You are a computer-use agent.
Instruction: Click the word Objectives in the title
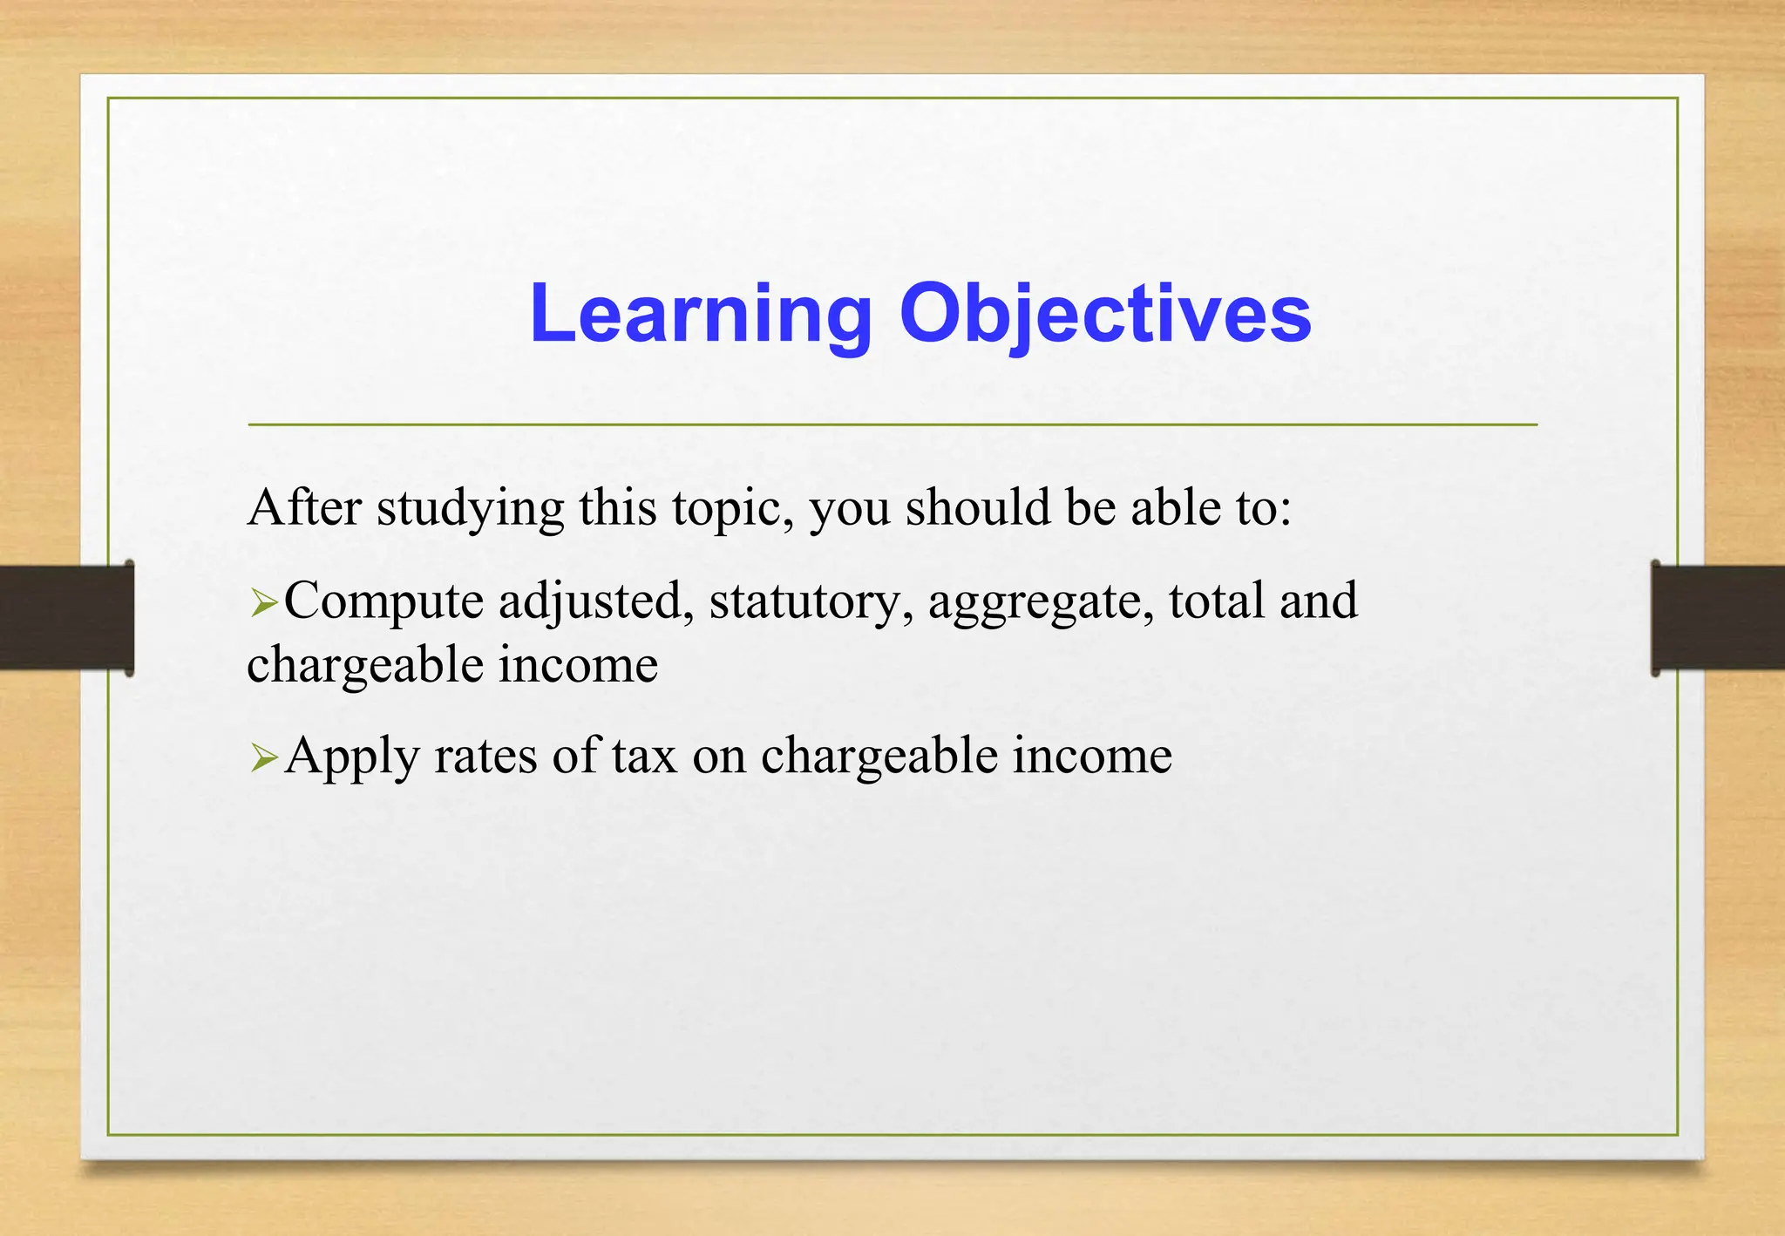[1104, 314]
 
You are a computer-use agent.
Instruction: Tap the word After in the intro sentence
[304, 506]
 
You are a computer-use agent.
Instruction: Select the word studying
[470, 508]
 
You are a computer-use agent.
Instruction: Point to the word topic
[731, 508]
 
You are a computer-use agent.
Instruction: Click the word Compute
[383, 601]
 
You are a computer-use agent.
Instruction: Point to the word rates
[485, 756]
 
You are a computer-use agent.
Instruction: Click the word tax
[643, 756]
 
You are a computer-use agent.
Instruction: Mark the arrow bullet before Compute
[262, 602]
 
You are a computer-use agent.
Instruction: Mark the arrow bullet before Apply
[262, 757]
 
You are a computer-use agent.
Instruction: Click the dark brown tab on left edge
[66, 617]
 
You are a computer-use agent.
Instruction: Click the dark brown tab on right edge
[1717, 617]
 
